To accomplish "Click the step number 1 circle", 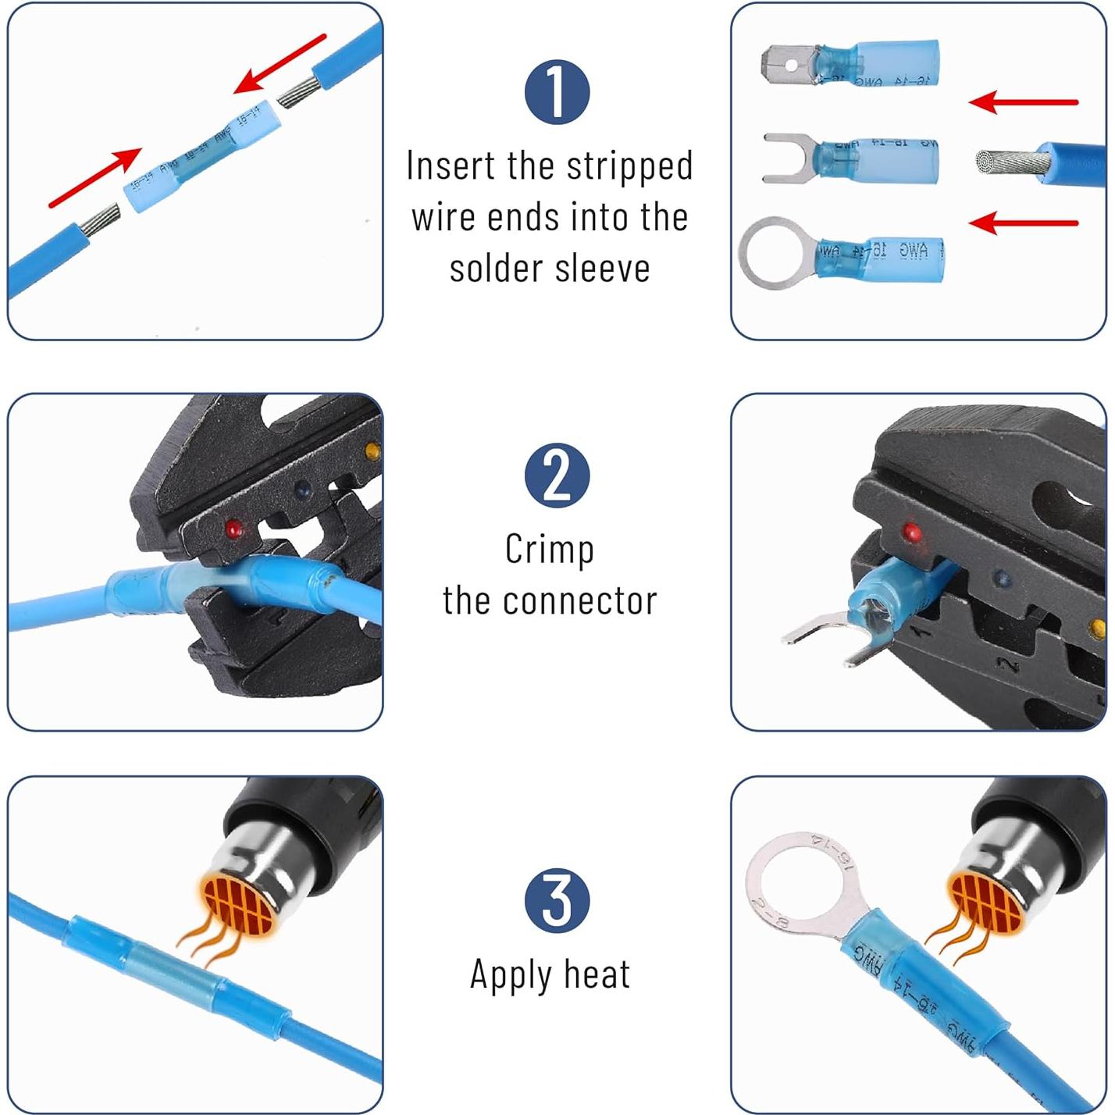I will (557, 91).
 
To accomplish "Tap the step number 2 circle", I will (557, 476).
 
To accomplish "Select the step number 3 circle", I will (557, 899).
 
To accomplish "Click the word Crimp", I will (549, 550).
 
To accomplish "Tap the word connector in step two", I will (579, 601).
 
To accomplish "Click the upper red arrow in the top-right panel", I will (1023, 102).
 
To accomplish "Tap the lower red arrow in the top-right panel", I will (1023, 223).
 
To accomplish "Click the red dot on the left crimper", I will (233, 529).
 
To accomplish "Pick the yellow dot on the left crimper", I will (372, 451).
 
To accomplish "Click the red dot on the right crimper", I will (911, 533).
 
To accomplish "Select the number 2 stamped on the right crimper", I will (1009, 665).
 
